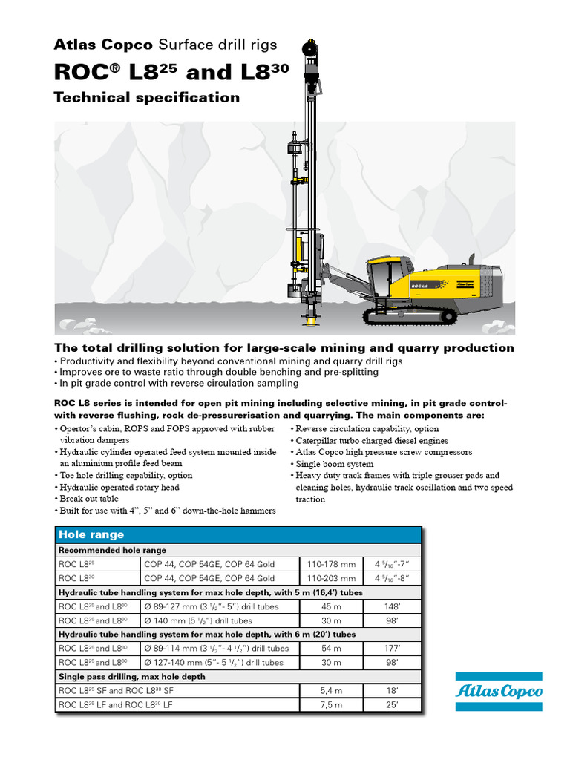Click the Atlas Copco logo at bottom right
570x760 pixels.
point(498,691)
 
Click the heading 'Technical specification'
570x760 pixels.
point(147,98)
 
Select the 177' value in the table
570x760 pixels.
point(393,648)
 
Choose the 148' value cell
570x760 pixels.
point(393,606)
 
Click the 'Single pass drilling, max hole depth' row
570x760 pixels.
point(132,676)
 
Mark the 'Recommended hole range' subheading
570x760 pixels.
point(113,550)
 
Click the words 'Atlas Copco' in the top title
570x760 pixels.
point(103,45)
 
